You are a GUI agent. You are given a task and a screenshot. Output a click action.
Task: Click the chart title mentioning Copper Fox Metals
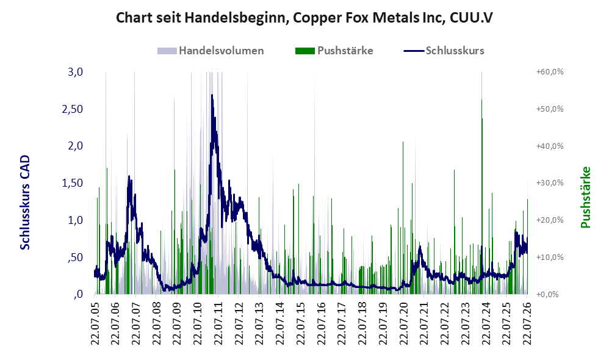click(304, 18)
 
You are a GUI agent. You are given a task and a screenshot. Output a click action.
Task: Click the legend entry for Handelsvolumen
click(211, 51)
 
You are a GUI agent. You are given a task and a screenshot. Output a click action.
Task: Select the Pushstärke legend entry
click(334, 51)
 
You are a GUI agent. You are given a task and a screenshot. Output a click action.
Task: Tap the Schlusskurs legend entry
click(444, 51)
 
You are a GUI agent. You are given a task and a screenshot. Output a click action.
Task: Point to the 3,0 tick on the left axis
click(75, 72)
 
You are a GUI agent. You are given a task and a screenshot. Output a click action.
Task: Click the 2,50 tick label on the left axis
click(72, 109)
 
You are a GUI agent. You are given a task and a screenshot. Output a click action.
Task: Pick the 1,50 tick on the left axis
click(72, 183)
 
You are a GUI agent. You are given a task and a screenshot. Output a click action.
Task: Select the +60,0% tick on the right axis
click(550, 72)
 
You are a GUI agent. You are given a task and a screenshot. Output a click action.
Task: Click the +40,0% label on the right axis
click(550, 146)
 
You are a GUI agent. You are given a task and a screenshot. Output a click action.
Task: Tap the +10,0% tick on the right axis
click(550, 257)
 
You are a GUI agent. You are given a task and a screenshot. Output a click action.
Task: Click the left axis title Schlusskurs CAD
click(25, 203)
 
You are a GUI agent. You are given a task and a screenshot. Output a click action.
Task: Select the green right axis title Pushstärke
click(585, 197)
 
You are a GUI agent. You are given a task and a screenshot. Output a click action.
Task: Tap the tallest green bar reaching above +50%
click(482, 196)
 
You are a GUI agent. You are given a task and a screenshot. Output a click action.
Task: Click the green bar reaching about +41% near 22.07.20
click(403, 217)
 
